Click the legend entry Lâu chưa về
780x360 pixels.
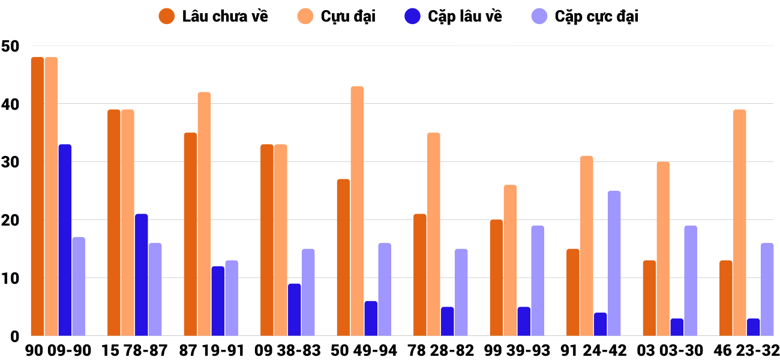coord(214,16)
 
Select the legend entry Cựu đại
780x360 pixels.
coord(340,16)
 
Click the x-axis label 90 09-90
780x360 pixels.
coord(58,350)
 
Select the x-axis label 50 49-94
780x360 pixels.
coord(364,350)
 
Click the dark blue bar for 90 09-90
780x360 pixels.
coord(65,240)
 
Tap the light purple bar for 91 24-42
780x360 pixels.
coord(614,263)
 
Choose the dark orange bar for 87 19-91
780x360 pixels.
coord(190,234)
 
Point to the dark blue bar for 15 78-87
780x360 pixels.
coord(142,275)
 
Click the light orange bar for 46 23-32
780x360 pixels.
coord(740,223)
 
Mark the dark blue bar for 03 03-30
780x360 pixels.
coord(677,327)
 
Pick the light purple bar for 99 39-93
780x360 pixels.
coord(538,281)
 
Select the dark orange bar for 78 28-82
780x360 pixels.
coord(420,275)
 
